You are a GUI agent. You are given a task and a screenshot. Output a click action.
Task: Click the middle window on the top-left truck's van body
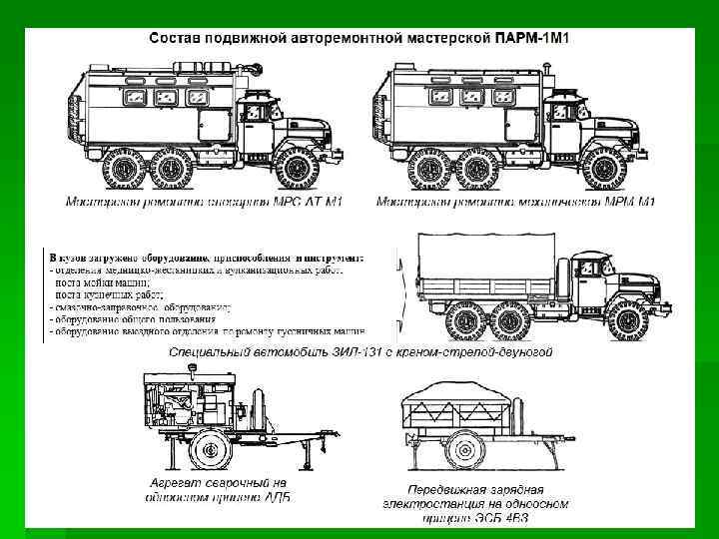pos(164,98)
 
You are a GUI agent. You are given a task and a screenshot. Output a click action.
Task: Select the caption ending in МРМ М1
pos(515,203)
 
